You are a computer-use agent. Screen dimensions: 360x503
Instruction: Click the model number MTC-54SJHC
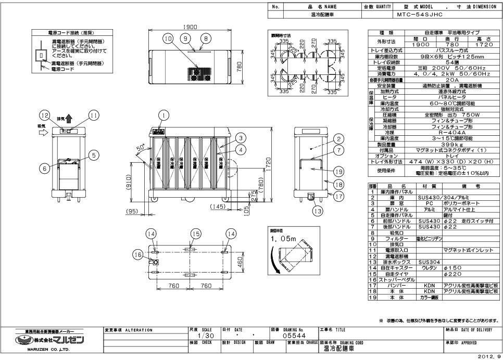[x=419, y=15]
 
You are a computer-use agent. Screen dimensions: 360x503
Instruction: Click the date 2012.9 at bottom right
[x=491, y=357]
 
